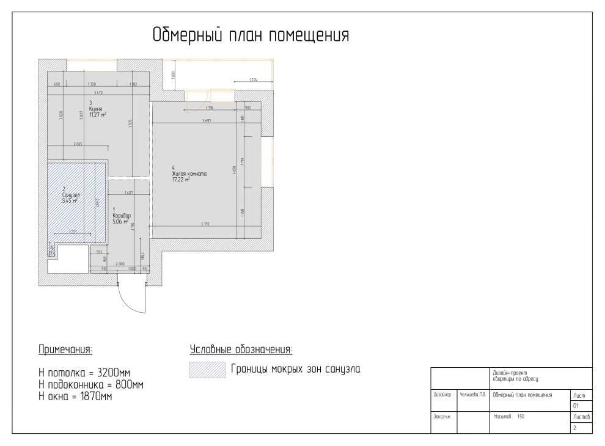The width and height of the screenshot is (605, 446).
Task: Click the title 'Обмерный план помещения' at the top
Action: pos(251,35)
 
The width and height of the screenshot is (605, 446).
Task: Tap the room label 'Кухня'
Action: pos(95,108)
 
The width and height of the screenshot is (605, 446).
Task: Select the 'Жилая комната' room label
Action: pos(189,174)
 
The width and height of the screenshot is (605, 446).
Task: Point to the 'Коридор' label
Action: pos(122,216)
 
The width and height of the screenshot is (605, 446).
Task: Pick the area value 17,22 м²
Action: pos(181,180)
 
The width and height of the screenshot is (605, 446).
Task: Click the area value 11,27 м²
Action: pos(98,114)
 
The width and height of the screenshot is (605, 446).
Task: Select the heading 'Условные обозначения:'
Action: pos(241,349)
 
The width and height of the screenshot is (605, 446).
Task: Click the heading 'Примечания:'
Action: pos(65,349)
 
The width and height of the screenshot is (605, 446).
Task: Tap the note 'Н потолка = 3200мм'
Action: pos(84,373)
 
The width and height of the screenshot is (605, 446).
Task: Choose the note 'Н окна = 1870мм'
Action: pos(75,397)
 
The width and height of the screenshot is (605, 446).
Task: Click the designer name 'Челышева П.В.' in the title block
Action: pos(472,395)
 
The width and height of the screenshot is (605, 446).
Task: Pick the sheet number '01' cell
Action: pos(575,405)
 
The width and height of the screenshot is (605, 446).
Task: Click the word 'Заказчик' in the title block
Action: pos(442,417)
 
